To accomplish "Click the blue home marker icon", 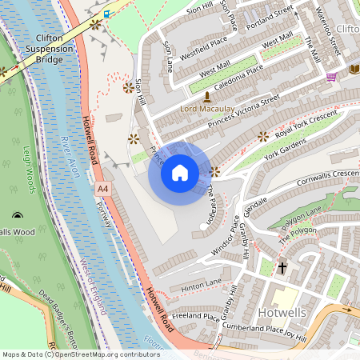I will [180, 173].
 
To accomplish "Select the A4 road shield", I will [102, 189].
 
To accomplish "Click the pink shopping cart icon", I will [332, 77].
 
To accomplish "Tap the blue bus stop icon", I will [106, 14].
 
